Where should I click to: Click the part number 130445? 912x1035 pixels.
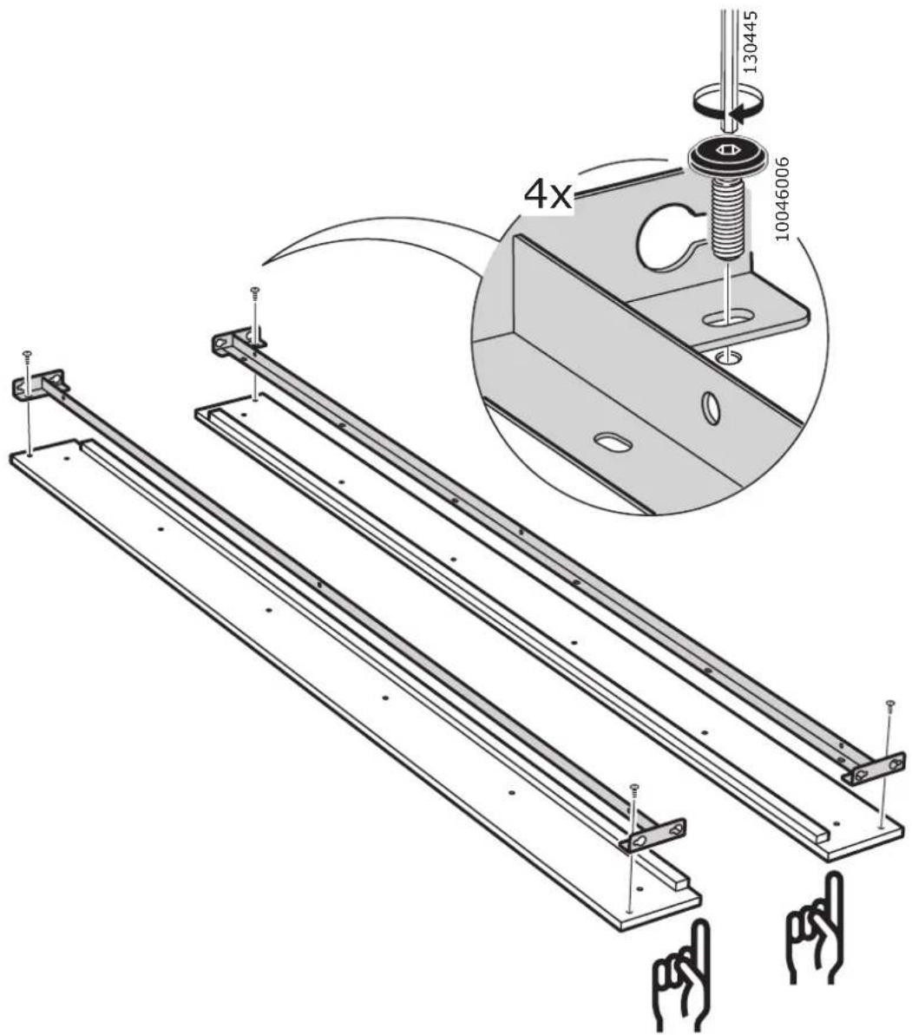click(750, 41)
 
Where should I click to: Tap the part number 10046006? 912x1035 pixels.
click(782, 199)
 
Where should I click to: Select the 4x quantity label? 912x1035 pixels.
click(548, 194)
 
